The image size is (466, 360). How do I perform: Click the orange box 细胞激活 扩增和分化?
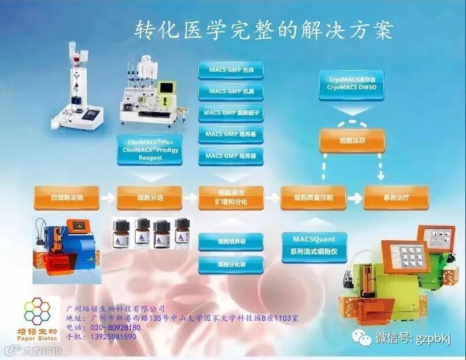231,198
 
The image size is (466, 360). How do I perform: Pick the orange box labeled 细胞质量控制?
314,198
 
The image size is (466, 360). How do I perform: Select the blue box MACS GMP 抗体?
231,70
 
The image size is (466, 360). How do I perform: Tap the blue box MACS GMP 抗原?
231,91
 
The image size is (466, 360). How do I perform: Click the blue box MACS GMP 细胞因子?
231,113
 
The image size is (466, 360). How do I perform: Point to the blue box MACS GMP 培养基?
231,134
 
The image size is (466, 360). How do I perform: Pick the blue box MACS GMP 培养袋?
231,156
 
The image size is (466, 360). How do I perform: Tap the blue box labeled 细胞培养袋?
231,241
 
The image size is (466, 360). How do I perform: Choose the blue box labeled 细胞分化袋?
231,265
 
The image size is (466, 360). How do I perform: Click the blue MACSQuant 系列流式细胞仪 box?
313,245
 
